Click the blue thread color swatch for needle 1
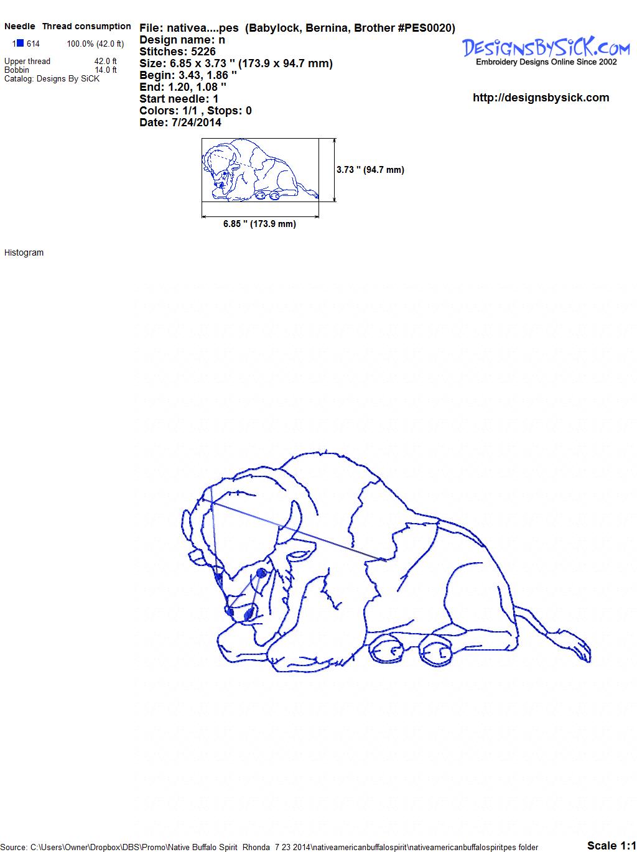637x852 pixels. coord(20,43)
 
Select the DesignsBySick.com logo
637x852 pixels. coord(546,51)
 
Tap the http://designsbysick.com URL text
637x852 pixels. coord(541,98)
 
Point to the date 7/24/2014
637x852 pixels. coord(196,123)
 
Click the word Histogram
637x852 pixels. coord(24,252)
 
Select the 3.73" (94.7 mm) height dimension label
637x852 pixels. coord(370,170)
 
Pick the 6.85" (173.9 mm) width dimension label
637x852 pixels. coord(259,224)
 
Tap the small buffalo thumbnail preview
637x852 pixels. coord(260,170)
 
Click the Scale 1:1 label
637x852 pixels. coord(611,845)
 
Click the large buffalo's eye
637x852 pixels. coord(262,573)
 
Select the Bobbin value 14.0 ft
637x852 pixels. coord(106,70)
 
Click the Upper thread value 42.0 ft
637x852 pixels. coord(106,62)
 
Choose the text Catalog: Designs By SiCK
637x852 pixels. coord(52,79)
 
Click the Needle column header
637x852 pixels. coord(19,26)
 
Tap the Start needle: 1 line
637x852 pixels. coord(179,99)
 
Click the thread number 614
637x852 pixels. coord(33,44)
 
